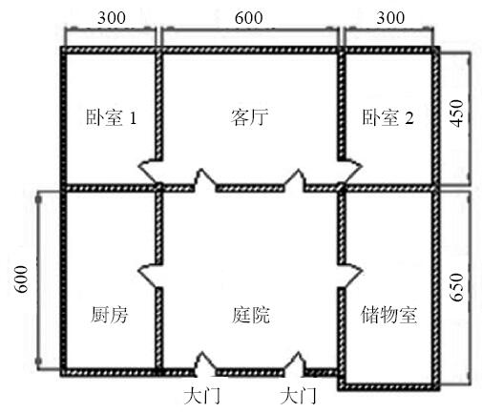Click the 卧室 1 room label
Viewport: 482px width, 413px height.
[x=112, y=117]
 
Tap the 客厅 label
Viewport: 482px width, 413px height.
[x=249, y=117]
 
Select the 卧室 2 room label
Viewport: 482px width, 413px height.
[x=388, y=117]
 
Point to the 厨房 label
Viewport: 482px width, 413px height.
[x=109, y=315]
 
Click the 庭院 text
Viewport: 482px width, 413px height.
[x=251, y=315]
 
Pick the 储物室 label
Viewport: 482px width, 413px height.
[x=388, y=315]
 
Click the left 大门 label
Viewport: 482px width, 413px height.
[x=202, y=396]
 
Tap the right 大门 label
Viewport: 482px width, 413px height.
[x=298, y=396]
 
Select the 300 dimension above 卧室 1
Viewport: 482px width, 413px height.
[x=112, y=18]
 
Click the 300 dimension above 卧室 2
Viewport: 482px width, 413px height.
[x=390, y=18]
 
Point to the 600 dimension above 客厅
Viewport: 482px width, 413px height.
[x=249, y=18]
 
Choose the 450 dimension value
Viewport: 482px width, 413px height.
[x=457, y=114]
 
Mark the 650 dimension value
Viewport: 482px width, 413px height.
[x=457, y=287]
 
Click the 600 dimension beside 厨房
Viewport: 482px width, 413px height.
[x=22, y=279]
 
